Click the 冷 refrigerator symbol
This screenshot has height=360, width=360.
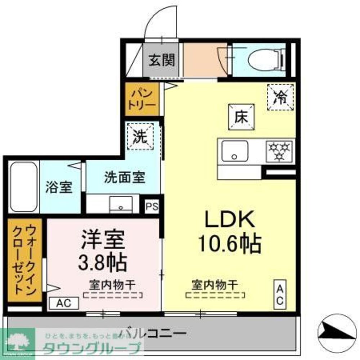pos(281,96)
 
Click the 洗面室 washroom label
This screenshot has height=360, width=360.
pos(125,177)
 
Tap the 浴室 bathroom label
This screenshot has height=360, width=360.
pos(59,188)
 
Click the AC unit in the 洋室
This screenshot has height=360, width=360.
pos(63,303)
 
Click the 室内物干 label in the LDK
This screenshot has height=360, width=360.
pos(215,285)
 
